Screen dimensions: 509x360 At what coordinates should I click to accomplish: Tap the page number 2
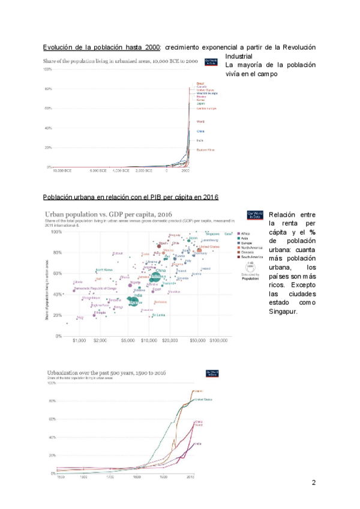tap(314, 483)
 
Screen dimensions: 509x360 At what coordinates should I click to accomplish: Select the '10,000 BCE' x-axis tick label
tap(63, 171)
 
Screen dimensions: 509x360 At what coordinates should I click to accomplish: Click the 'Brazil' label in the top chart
tap(200, 83)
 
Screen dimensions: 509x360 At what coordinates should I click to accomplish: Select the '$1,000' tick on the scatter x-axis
tap(79, 341)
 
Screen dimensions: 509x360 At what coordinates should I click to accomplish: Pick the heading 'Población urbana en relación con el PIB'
tap(130, 197)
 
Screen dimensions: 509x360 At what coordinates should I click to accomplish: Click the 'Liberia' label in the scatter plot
tap(78, 282)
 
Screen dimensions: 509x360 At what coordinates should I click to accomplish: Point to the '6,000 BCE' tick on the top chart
tap(98, 171)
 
